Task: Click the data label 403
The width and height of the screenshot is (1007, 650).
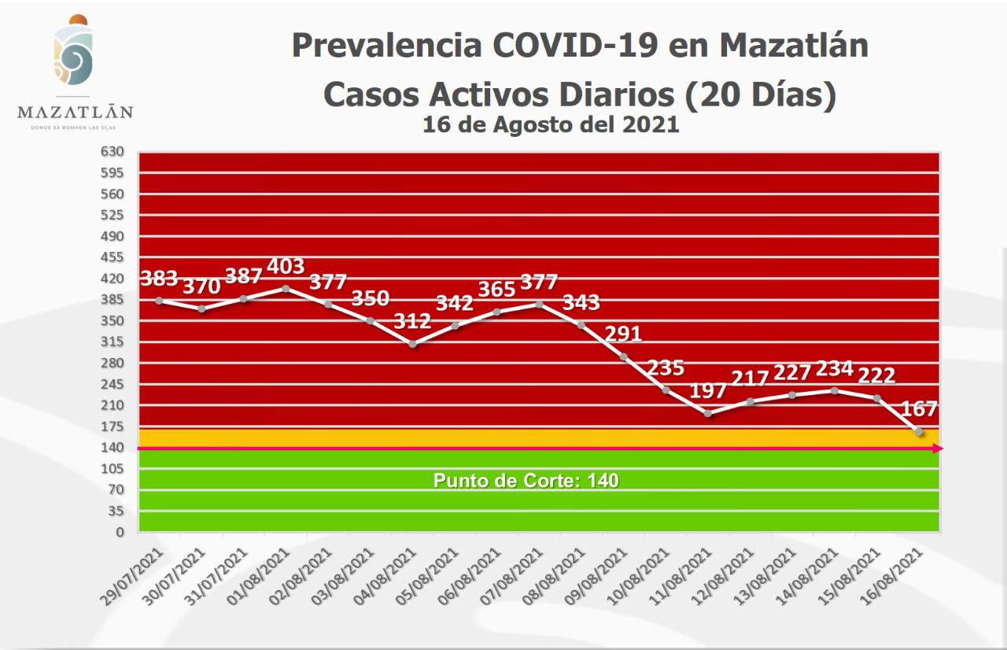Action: [x=286, y=266]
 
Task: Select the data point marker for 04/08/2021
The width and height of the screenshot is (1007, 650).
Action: [x=412, y=344]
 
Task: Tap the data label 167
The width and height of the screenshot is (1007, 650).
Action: [x=919, y=408]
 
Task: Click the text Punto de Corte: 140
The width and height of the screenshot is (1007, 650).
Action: [x=526, y=480]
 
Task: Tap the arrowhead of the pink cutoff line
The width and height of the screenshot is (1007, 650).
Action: [x=938, y=449]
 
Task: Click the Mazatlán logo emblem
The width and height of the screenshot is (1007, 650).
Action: [x=73, y=52]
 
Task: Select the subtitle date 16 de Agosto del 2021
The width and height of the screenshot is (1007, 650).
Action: [x=551, y=124]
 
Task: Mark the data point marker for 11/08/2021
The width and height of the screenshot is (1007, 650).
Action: [x=707, y=413]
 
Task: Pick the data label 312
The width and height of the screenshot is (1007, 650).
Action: [x=412, y=321]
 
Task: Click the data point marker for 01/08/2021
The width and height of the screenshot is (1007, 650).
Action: [x=286, y=289]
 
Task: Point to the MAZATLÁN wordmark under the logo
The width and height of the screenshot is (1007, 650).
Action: [x=75, y=112]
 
